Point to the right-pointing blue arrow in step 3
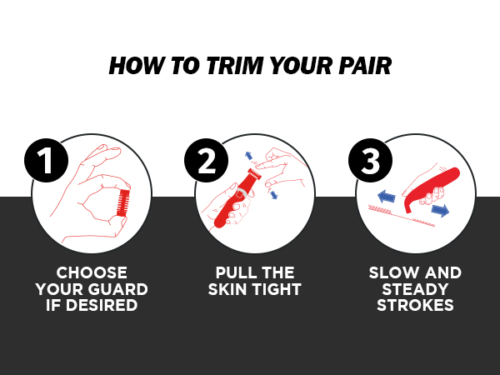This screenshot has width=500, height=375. pyautogui.click(x=440, y=211)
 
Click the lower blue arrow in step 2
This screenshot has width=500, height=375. pyautogui.click(x=273, y=195)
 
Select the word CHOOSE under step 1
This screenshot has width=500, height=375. pyautogui.click(x=92, y=273)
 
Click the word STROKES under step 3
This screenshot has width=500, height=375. pyautogui.click(x=415, y=305)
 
